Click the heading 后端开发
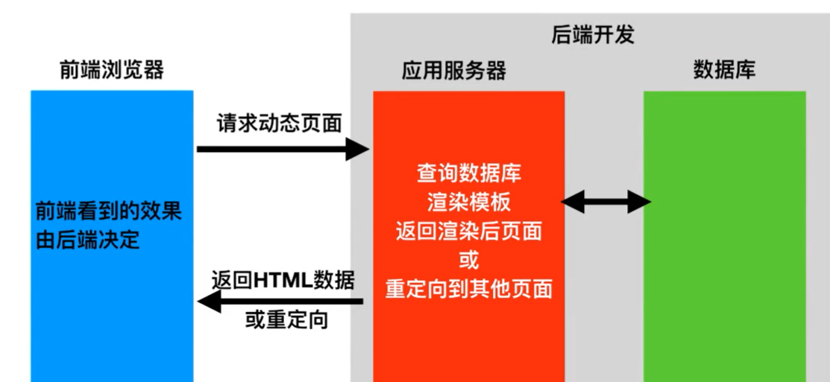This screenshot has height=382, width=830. [592, 35]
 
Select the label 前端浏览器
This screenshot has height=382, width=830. [112, 71]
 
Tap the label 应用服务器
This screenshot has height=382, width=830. [453, 71]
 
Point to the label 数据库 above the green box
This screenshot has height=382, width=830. [724, 71]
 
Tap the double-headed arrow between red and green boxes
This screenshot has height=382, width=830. [606, 201]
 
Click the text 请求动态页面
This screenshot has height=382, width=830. [280, 123]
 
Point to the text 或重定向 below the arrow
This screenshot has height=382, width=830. [286, 321]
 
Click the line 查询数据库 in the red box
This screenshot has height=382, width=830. [468, 174]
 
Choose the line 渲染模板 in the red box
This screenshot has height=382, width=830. [469, 203]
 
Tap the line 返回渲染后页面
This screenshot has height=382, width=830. [469, 231]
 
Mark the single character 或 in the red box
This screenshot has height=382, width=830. [469, 260]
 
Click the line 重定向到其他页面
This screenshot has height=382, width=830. [469, 288]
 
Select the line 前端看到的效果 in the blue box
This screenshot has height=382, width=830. [108, 212]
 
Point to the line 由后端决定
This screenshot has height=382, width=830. [87, 241]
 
